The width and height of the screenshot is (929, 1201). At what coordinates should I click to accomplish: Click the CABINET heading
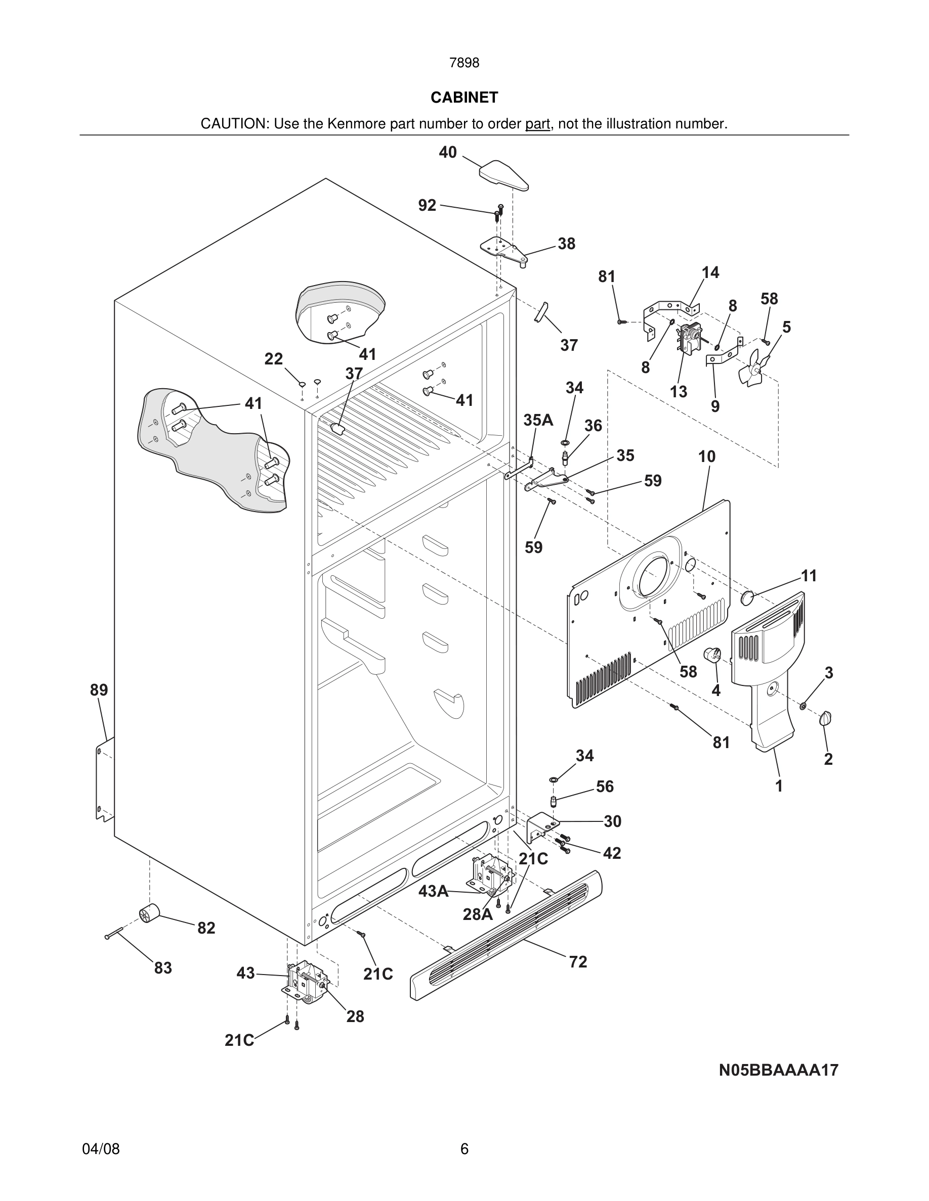[464, 98]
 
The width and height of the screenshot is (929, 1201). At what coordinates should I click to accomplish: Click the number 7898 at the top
[464, 63]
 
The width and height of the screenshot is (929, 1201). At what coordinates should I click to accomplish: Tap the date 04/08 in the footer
[101, 1149]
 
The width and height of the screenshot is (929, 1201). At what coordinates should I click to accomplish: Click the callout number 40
[447, 152]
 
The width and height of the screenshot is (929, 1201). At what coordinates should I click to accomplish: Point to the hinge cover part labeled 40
[503, 174]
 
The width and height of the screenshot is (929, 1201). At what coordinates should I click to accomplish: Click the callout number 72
[578, 962]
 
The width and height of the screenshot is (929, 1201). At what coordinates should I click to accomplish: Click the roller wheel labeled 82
[149, 914]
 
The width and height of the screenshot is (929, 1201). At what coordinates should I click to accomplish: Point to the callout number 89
[99, 690]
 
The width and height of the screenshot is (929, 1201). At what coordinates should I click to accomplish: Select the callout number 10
[707, 456]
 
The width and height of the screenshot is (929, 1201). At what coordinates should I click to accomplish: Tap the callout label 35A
[538, 421]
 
